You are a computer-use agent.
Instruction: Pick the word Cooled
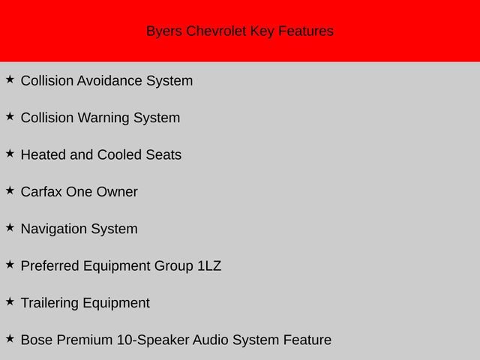120,155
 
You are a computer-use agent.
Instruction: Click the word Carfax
41,192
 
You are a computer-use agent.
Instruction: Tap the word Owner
117,192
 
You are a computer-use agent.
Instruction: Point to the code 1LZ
209,266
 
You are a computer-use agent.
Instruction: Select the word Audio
211,340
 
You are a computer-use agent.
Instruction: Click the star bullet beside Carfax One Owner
10,190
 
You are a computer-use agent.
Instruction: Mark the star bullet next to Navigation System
10,227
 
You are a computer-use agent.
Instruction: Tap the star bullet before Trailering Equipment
10,301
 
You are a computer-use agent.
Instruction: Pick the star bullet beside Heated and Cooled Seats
10,153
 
